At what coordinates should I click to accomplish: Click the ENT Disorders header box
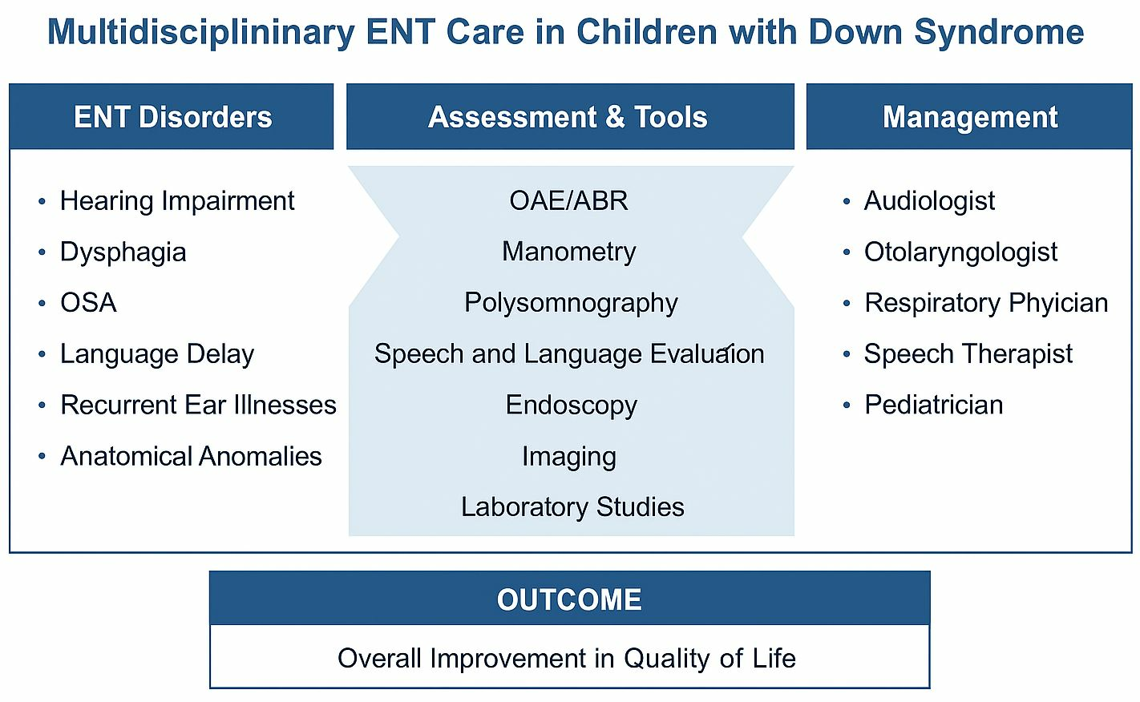click(x=172, y=116)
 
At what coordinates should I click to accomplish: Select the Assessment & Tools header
click(x=570, y=116)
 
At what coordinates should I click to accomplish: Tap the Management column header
click(x=969, y=116)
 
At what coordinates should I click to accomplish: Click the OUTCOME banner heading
click(x=569, y=599)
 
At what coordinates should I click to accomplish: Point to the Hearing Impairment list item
click(x=177, y=201)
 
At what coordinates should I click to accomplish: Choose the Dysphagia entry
click(x=123, y=252)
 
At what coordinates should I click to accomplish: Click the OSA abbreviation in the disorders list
click(x=88, y=303)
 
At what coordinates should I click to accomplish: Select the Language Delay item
click(x=157, y=354)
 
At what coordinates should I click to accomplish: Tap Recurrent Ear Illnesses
click(x=199, y=405)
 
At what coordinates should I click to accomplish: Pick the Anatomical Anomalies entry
click(x=192, y=456)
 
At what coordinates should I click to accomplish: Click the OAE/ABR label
click(x=569, y=201)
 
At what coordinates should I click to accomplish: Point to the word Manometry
click(x=569, y=252)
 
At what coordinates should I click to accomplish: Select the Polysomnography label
click(x=571, y=303)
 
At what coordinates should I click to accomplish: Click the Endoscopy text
click(x=571, y=405)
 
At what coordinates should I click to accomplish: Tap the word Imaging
click(x=569, y=457)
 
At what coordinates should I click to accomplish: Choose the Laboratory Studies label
click(x=572, y=506)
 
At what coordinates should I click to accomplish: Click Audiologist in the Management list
click(x=929, y=201)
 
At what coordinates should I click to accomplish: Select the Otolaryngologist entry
click(x=961, y=252)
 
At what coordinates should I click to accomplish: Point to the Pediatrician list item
click(x=934, y=405)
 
